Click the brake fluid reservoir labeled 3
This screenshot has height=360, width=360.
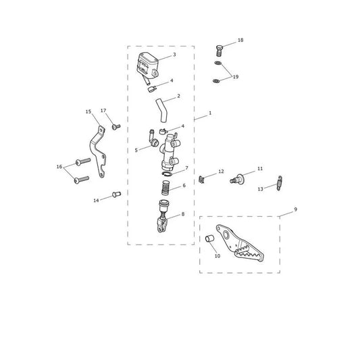click(148, 65)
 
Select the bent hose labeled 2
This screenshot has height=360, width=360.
click(161, 111)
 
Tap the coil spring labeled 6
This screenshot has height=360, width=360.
click(165, 188)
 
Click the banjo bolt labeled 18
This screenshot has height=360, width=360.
click(220, 50)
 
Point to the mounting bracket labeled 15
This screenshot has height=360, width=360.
click(97, 152)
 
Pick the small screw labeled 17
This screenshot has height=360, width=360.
click(116, 126)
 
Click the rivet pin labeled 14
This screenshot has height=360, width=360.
click(116, 195)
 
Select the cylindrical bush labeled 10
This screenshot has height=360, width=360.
click(209, 239)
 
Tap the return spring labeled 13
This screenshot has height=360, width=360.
click(280, 183)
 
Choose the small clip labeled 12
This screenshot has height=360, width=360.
click(201, 180)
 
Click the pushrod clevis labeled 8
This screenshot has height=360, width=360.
click(162, 216)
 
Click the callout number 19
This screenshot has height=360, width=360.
click(236, 77)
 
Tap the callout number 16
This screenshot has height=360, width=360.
click(59, 167)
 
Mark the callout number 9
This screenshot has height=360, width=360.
click(295, 209)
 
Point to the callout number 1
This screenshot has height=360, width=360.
click(210, 113)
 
